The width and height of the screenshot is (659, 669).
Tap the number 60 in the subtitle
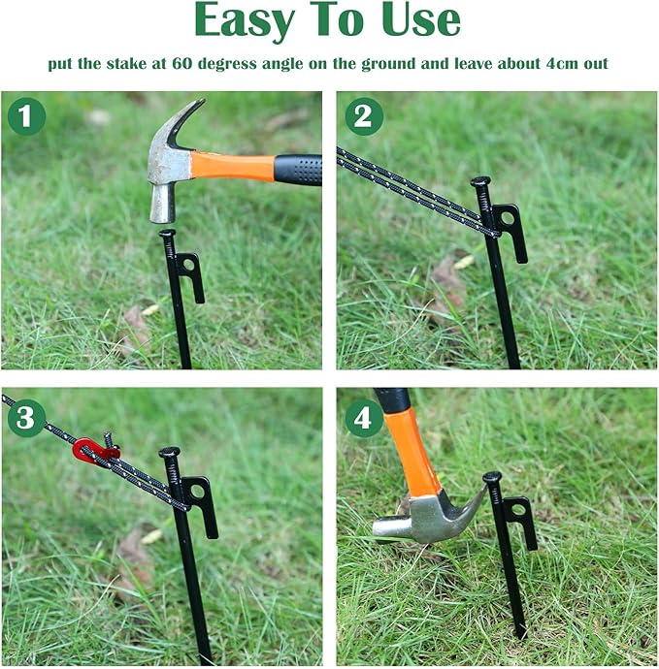click(182, 65)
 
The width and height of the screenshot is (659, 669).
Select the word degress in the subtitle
click(231, 65)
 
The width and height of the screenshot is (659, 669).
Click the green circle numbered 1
click(27, 117)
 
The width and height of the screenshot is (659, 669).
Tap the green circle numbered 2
click(363, 117)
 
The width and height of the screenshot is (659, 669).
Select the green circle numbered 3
click(27, 419)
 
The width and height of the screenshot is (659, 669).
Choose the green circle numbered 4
click(363, 419)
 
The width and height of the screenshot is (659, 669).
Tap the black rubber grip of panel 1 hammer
click(297, 168)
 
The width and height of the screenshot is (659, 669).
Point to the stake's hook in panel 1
click(191, 276)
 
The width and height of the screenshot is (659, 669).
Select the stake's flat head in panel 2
click(480, 181)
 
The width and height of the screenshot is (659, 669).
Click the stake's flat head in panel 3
click(170, 452)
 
